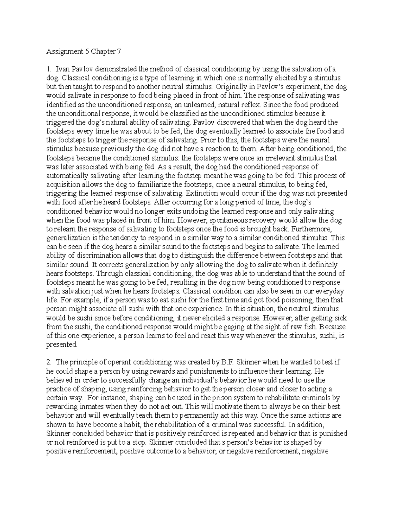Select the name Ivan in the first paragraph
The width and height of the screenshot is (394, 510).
point(62,69)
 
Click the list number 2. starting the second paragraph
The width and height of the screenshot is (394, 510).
point(49,362)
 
